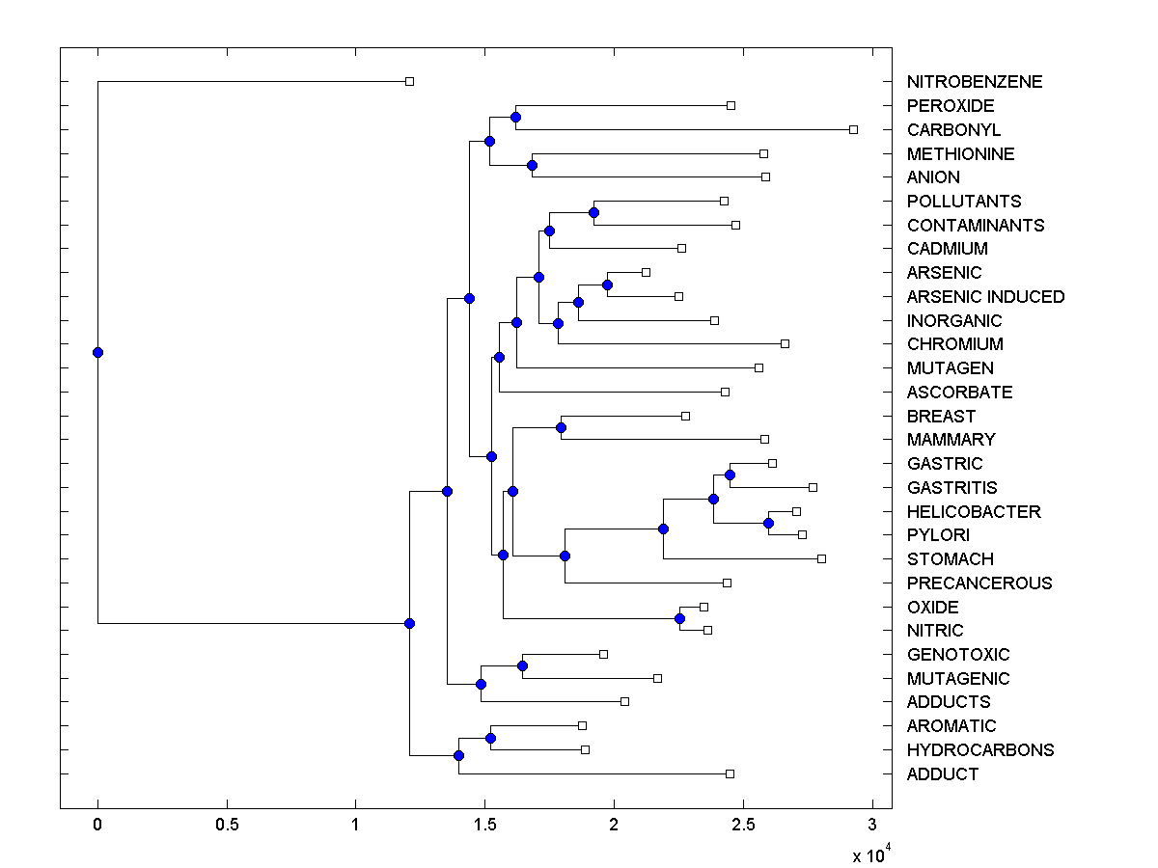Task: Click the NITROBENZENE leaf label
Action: pos(975,82)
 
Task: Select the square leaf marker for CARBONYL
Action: pos(853,129)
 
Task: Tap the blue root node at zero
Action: pos(97,352)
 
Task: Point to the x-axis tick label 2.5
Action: pos(742,826)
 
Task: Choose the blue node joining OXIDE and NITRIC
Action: pos(680,618)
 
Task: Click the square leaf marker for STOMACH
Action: pos(821,558)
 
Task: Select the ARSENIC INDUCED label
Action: pos(985,296)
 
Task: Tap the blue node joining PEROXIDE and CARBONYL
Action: pos(515,117)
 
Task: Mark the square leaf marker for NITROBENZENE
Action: pos(409,81)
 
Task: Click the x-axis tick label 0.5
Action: pos(227,826)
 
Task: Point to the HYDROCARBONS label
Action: pos(980,749)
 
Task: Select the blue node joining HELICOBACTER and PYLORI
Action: pos(769,523)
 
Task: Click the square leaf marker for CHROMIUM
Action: pos(785,343)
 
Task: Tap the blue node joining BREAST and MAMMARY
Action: pos(561,427)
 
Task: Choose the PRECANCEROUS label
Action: pos(979,583)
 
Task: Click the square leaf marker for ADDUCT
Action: pos(730,773)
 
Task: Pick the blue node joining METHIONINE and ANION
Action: pos(532,165)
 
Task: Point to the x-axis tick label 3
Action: pos(872,826)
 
